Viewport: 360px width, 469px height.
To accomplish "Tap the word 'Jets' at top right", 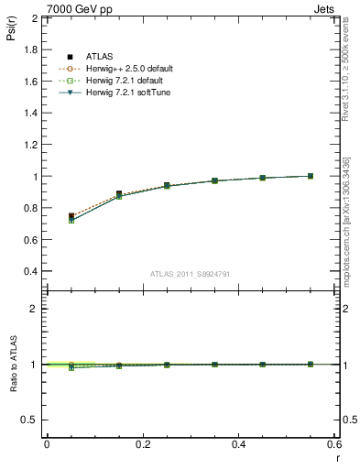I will [323, 7].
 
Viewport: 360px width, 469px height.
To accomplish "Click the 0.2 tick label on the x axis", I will [143, 444].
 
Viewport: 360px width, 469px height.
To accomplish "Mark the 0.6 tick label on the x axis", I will [333, 444].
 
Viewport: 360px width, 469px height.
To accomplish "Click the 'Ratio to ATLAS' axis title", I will [14, 365].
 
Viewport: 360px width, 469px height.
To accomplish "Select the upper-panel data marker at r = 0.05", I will [71, 217].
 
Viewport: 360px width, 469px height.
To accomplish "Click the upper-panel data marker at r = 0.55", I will [311, 176].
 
